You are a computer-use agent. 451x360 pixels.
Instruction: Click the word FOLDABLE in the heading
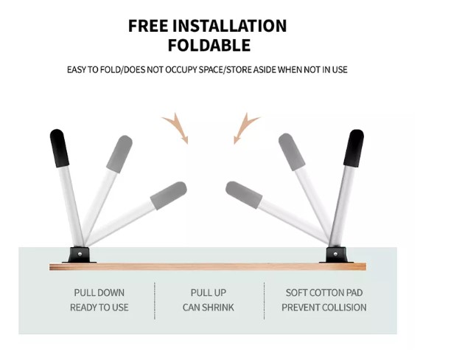pyautogui.click(x=209, y=45)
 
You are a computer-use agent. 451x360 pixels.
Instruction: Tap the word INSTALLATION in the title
pyautogui.click(x=229, y=26)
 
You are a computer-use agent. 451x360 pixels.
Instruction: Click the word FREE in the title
pyautogui.click(x=148, y=26)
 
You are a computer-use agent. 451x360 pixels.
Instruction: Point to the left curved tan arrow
pyautogui.click(x=178, y=128)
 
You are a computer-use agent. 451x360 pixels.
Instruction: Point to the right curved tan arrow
pyautogui.click(x=245, y=128)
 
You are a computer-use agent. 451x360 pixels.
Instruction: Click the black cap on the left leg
pyautogui.click(x=59, y=148)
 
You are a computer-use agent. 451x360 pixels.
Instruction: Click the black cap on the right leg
pyautogui.click(x=354, y=148)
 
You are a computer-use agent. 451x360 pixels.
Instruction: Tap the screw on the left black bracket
pyautogui.click(x=80, y=254)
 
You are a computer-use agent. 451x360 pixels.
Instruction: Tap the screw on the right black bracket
pyautogui.click(x=335, y=254)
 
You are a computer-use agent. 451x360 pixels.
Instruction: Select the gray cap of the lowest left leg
pyautogui.click(x=169, y=195)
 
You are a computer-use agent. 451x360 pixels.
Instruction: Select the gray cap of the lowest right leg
pyautogui.click(x=244, y=195)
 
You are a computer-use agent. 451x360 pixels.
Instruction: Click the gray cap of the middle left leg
pyautogui.click(x=119, y=154)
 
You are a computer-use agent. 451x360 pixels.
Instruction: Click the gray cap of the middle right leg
pyautogui.click(x=292, y=152)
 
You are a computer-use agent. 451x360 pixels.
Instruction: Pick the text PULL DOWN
pyautogui.click(x=99, y=293)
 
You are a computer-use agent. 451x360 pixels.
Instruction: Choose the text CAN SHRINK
pyautogui.click(x=209, y=308)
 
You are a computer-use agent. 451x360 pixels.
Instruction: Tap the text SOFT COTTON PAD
pyautogui.click(x=324, y=293)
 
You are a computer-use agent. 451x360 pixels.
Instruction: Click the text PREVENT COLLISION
pyautogui.click(x=324, y=308)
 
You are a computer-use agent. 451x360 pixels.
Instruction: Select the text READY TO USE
pyautogui.click(x=99, y=308)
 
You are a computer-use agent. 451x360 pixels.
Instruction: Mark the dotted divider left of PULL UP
pyautogui.click(x=155, y=301)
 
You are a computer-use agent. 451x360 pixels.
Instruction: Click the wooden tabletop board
pyautogui.click(x=208, y=266)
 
